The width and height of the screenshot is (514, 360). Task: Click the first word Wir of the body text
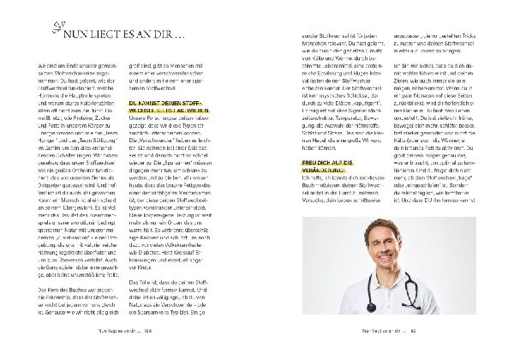[x=42, y=66]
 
